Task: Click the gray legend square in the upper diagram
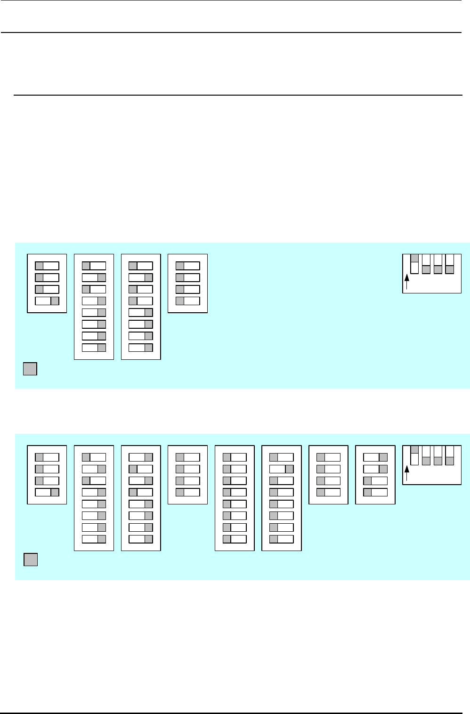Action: [x=30, y=369]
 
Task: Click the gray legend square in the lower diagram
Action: [x=31, y=560]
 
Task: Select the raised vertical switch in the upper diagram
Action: [x=414, y=264]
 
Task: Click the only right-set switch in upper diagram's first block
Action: [x=47, y=301]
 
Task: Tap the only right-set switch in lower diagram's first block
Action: [x=47, y=492]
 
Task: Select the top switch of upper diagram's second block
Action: [x=94, y=266]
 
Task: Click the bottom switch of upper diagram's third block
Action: [x=141, y=348]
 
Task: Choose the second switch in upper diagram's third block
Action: [x=141, y=277]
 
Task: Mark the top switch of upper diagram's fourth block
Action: [x=187, y=266]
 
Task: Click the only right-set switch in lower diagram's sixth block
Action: [x=281, y=469]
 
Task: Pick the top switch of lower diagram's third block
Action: [x=141, y=457]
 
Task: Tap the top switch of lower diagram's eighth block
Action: [x=375, y=457]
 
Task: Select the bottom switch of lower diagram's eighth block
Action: [x=375, y=492]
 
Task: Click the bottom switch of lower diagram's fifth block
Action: [x=235, y=539]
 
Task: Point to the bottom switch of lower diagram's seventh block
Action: [x=328, y=492]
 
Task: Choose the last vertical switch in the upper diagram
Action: [x=450, y=264]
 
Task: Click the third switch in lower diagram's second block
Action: [x=94, y=480]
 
